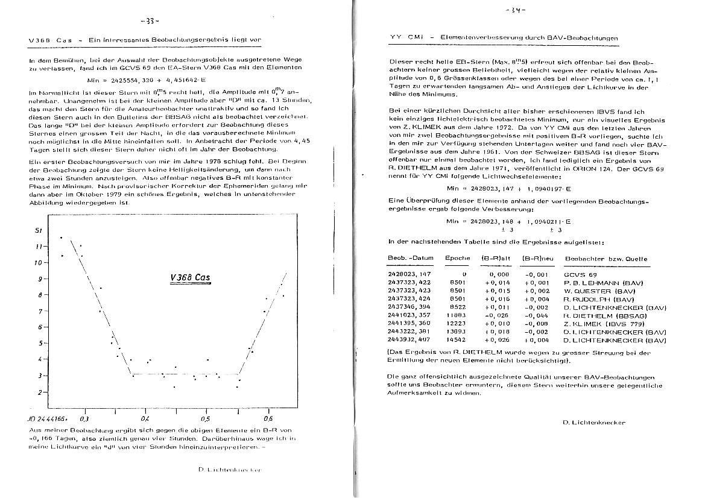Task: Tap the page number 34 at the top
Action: click(x=517, y=10)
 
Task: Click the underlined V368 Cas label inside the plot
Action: click(x=190, y=278)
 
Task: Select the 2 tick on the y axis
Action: click(x=40, y=392)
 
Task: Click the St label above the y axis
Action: click(x=39, y=230)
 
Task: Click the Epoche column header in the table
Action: click(x=457, y=259)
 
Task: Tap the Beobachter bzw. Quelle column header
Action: click(x=606, y=259)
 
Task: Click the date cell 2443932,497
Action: click(x=409, y=340)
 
